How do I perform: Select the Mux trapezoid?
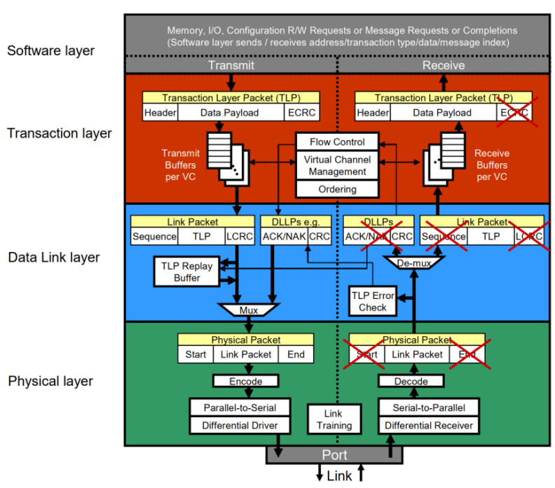(x=249, y=309)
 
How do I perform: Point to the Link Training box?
(x=334, y=419)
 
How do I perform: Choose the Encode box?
(x=246, y=381)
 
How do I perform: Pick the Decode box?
(x=411, y=381)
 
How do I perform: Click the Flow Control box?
(x=337, y=141)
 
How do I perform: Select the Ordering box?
(x=337, y=189)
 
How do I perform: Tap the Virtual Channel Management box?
(x=337, y=165)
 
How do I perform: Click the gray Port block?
(x=334, y=454)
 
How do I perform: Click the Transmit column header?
(x=231, y=65)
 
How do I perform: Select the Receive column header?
(x=443, y=65)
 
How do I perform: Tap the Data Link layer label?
(x=54, y=257)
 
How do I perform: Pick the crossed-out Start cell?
(x=366, y=354)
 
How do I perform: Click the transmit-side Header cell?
(x=160, y=113)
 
